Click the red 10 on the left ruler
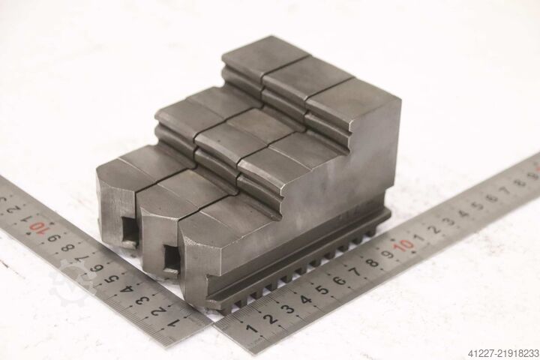pyautogui.click(x=37, y=227)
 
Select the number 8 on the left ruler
pyautogui.click(x=69, y=247)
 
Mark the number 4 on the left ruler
pyautogui.click(x=127, y=289)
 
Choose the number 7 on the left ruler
pyautogui.click(x=84, y=258)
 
